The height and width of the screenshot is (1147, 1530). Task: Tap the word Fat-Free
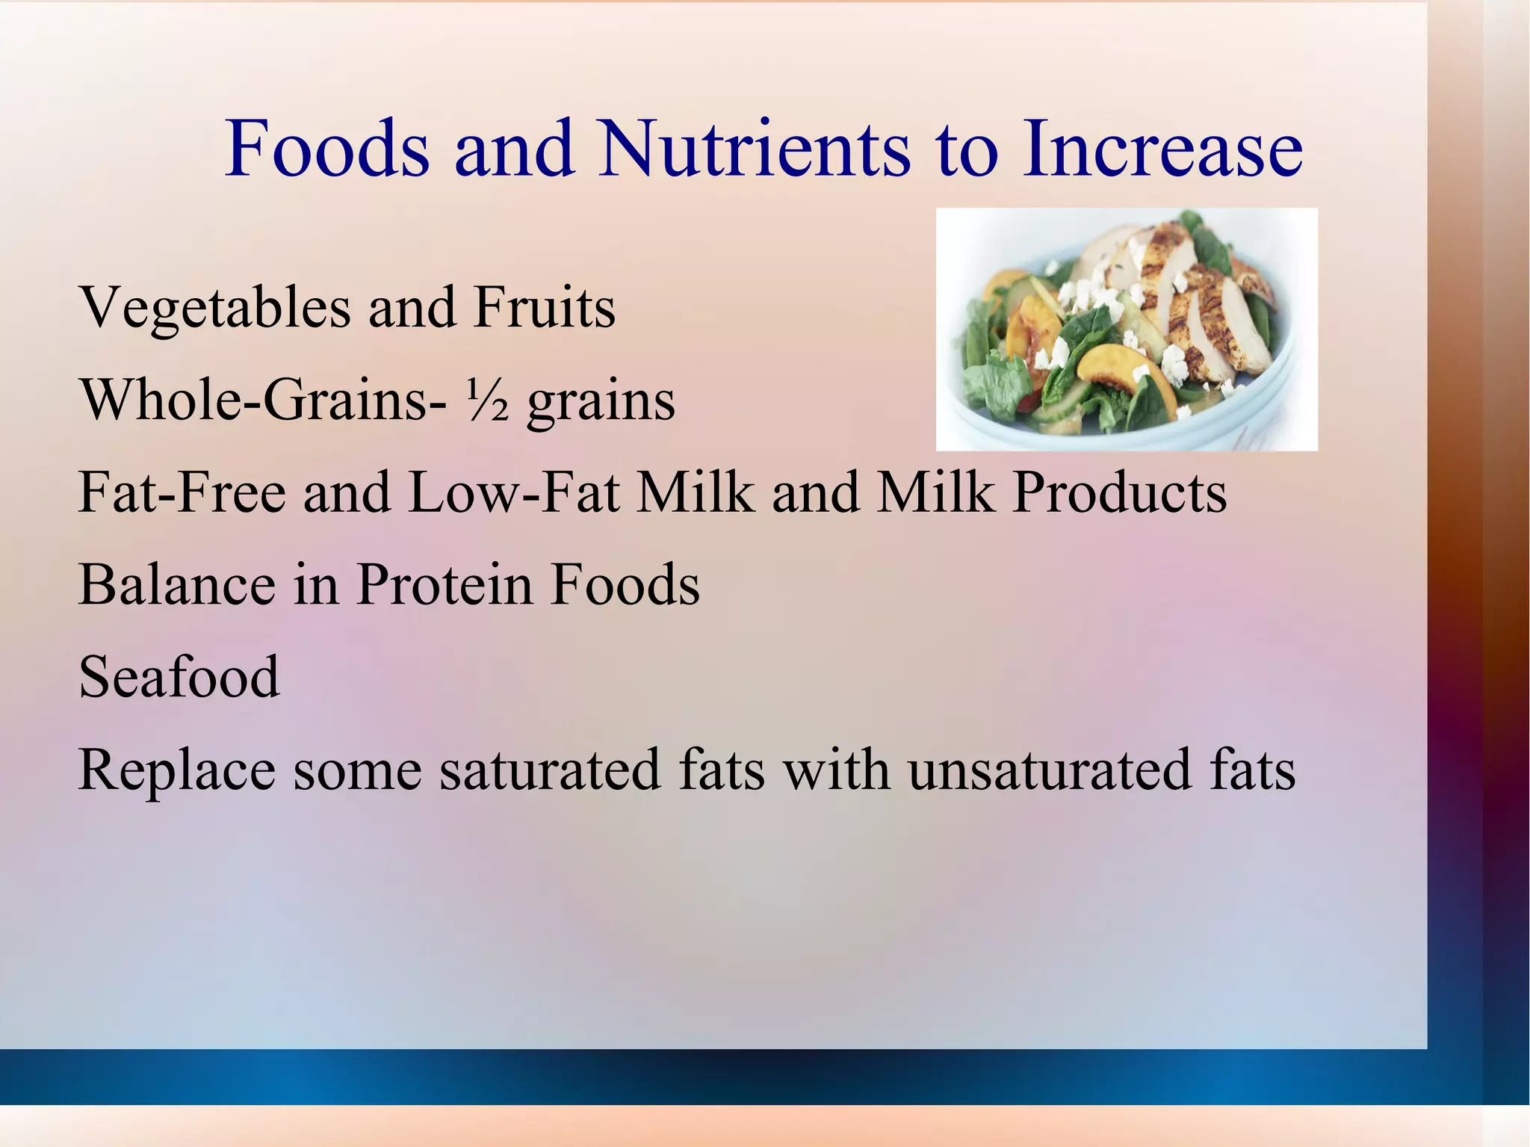coord(182,493)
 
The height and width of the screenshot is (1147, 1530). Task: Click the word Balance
coord(176,584)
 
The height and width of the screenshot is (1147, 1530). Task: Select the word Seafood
coord(179,677)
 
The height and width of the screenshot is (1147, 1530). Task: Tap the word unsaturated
coord(1050,770)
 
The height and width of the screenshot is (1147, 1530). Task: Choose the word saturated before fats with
coord(550,770)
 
